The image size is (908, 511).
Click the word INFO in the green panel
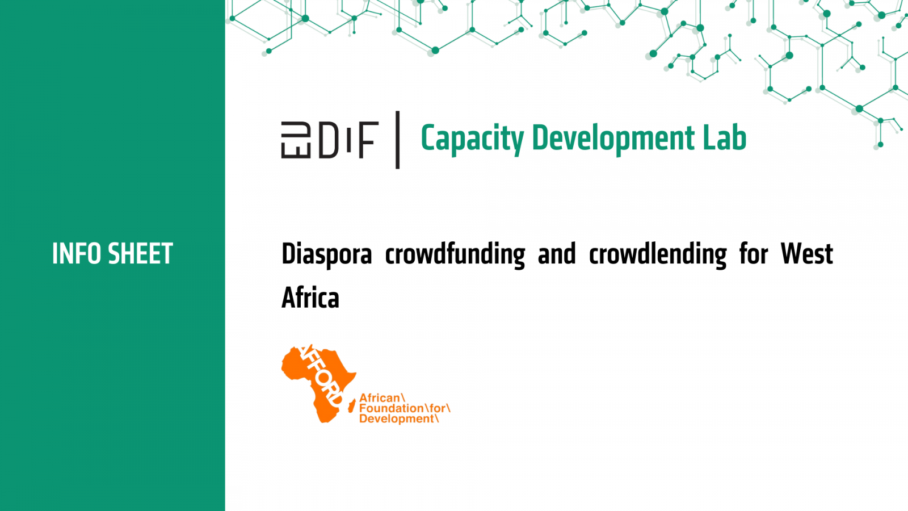click(77, 254)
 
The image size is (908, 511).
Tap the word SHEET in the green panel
click(141, 254)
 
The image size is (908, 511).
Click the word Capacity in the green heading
click(472, 139)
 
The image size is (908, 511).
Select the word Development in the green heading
click(613, 139)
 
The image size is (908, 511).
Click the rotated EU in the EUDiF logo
click(296, 140)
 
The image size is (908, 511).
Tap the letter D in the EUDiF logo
click(328, 140)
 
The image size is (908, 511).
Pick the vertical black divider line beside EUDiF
click(398, 140)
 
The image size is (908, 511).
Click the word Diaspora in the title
click(327, 255)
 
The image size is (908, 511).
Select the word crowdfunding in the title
click(455, 255)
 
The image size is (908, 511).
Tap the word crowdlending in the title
click(658, 255)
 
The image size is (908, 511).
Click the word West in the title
click(806, 254)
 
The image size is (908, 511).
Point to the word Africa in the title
click(310, 298)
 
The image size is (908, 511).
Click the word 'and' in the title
click(557, 254)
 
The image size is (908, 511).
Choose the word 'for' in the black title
click(754, 254)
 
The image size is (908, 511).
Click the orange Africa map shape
click(319, 384)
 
